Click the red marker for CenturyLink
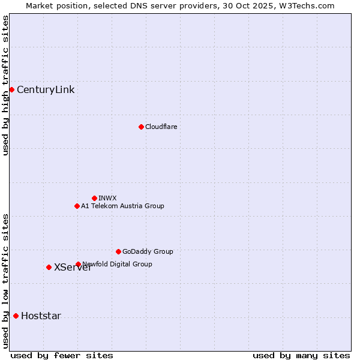pos(11,89)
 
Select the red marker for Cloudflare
pos(141,127)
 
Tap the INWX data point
pos(94,198)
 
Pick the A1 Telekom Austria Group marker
pos(77,206)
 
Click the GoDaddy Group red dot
pos(118,251)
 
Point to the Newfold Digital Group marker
pos(78,264)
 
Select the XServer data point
pos(49,267)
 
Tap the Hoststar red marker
pos(16,316)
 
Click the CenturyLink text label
pos(46,90)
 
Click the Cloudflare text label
pos(161,127)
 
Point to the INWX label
pos(107,198)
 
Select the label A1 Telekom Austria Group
pos(122,206)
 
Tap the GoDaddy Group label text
pos(148,251)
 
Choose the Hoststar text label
pos(41,316)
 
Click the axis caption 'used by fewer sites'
pos(62,355)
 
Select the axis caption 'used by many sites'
pos(301,355)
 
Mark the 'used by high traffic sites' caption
pos(5,85)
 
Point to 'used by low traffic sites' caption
pos(5,280)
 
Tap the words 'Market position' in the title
pos(53,5)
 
